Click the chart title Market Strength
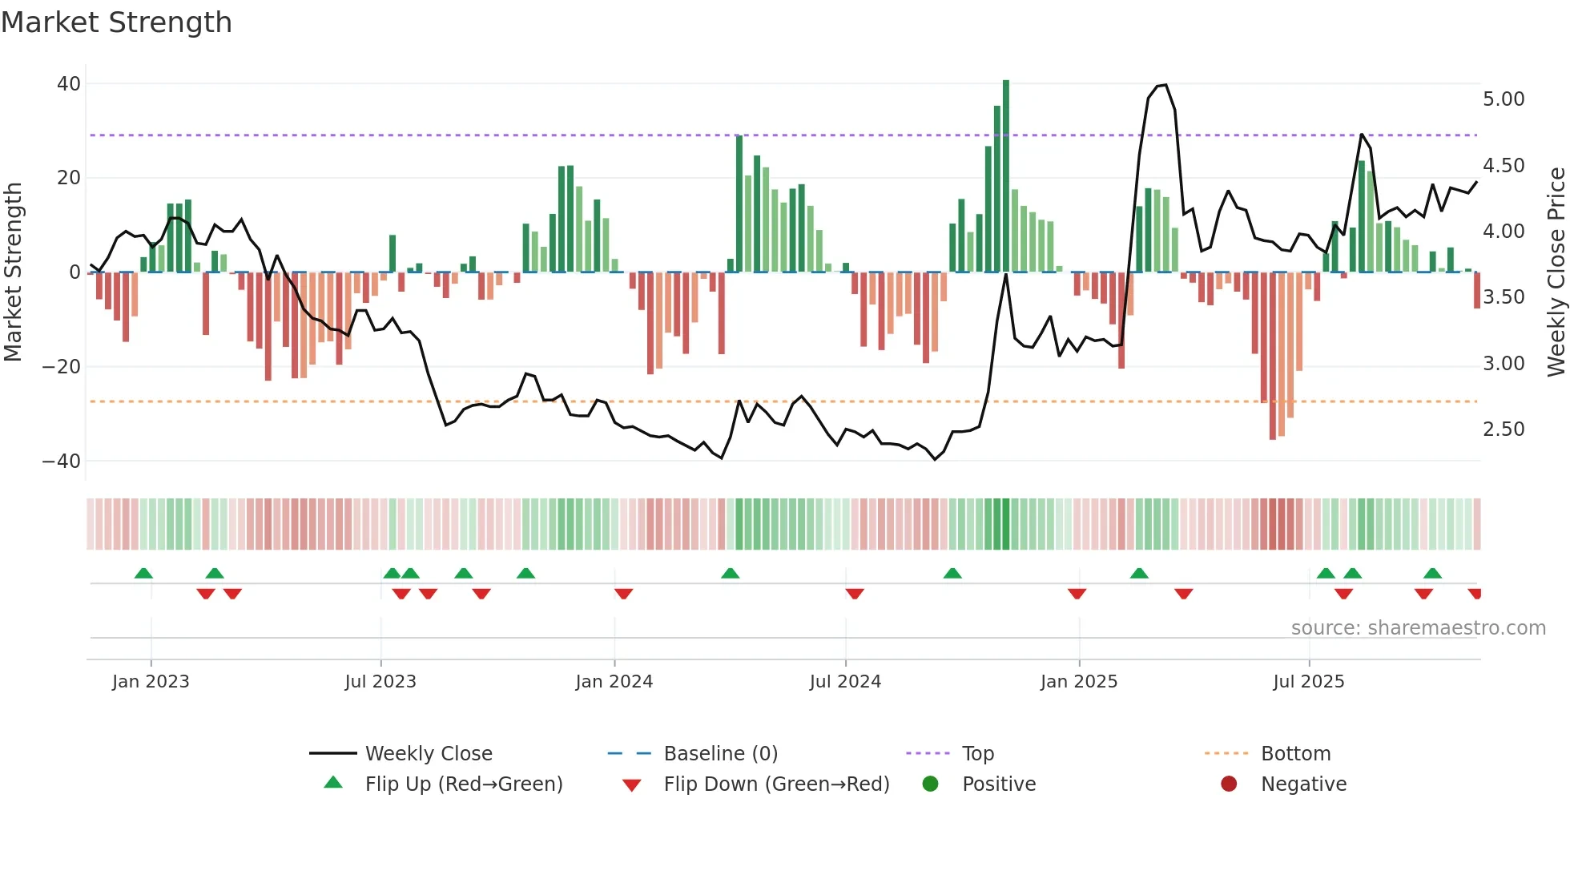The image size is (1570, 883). tap(116, 22)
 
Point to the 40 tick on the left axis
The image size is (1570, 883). tap(69, 84)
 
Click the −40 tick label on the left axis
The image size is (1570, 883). tap(62, 462)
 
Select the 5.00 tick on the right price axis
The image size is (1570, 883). tap(1504, 99)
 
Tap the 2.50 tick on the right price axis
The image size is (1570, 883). tap(1504, 429)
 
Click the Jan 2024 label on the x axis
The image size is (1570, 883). tap(614, 682)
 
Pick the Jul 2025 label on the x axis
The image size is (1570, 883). tap(1308, 682)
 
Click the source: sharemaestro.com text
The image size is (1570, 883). tap(1418, 628)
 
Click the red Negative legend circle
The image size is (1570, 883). tap(1229, 784)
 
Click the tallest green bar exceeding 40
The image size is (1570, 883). tap(1006, 176)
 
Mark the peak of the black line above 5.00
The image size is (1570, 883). tap(1165, 85)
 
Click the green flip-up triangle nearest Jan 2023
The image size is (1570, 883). tap(143, 574)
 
